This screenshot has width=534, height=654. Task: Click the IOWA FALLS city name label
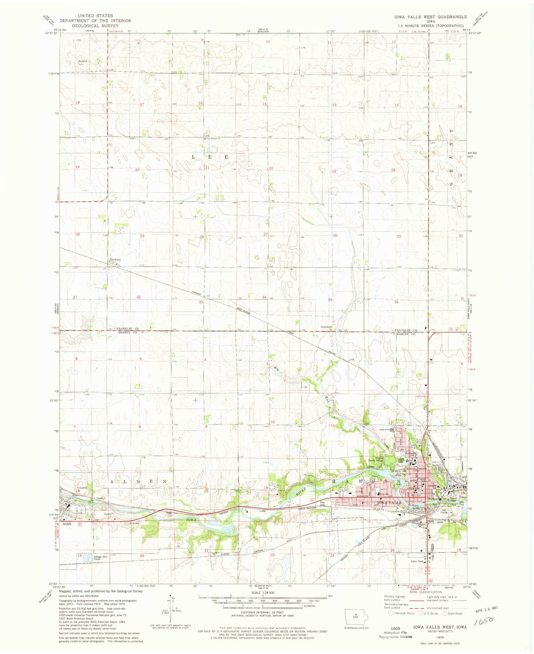tap(388, 503)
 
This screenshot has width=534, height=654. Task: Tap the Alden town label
tap(67, 524)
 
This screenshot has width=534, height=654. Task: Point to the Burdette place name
tap(115, 259)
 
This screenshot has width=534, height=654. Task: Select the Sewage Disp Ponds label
tap(100, 558)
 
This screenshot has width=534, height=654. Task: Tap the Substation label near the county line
tap(326, 327)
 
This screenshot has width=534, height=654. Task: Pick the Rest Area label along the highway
tap(322, 503)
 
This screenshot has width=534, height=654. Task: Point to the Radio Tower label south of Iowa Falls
tap(417, 561)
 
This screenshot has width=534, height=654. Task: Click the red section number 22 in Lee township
tap(271, 168)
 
